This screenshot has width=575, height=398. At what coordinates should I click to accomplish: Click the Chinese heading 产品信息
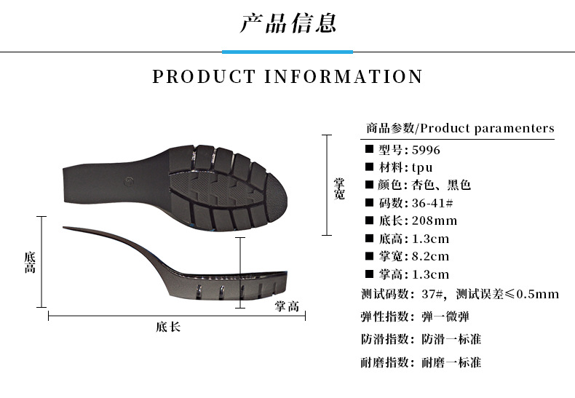point(287,23)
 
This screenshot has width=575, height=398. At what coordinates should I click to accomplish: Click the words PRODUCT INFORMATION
point(287,76)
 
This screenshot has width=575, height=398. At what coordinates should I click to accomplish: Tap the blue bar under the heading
point(287,52)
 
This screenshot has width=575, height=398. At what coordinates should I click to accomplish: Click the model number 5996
point(425,151)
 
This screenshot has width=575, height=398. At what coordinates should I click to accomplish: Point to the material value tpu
point(422,168)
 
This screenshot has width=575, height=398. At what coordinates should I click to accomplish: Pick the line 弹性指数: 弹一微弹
point(415,317)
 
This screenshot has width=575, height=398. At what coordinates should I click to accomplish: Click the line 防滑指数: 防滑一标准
point(421,339)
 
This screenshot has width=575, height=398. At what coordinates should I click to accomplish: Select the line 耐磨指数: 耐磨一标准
point(421,362)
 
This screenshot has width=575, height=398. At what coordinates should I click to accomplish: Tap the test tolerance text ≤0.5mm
point(532,295)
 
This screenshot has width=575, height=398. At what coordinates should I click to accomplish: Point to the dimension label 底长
point(168,327)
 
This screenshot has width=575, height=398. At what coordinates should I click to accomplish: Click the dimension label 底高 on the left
point(29,263)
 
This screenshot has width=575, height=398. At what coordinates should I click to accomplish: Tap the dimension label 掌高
point(287,306)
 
